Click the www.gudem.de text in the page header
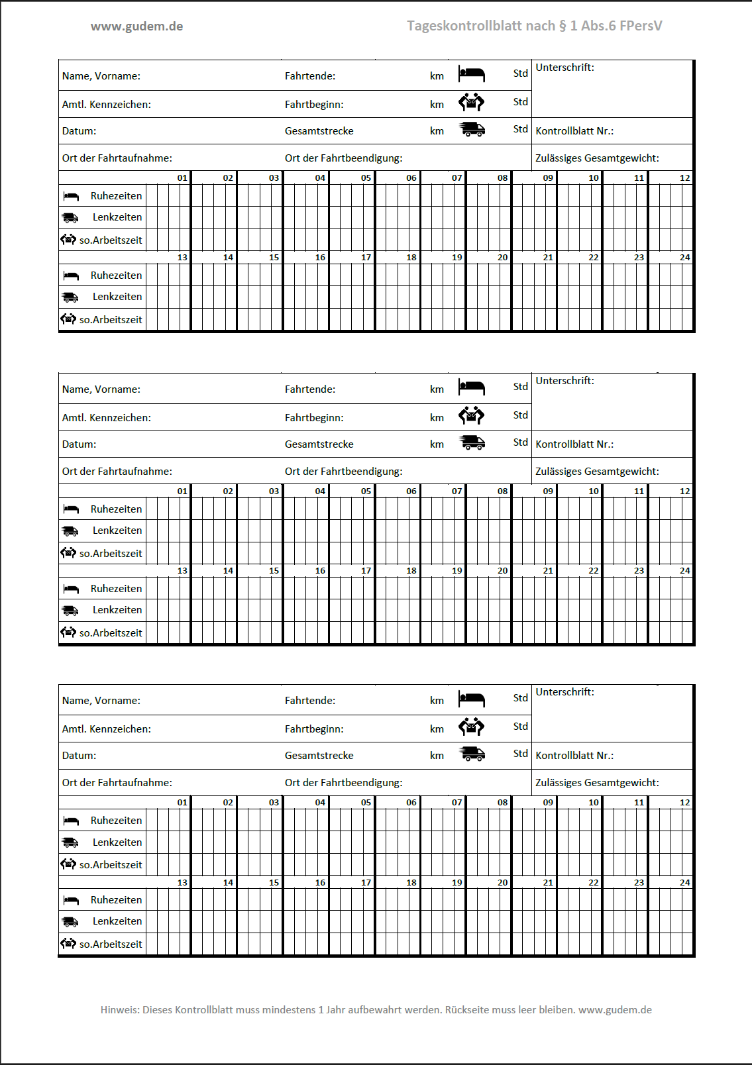(136, 26)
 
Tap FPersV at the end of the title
(640, 26)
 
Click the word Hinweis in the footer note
(119, 1010)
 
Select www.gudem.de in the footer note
(615, 1010)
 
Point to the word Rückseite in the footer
(468, 1010)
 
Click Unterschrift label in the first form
(564, 68)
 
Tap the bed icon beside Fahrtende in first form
(471, 74)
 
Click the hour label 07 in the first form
(457, 178)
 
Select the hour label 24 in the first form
(684, 258)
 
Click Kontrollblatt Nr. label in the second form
(574, 444)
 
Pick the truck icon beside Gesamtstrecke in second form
(472, 442)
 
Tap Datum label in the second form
(79, 444)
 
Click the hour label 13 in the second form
(182, 571)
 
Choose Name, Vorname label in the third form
(101, 701)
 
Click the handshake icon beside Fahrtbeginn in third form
(471, 727)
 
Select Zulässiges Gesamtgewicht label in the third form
(597, 783)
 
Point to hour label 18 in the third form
(411, 883)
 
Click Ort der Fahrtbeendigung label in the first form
(343, 158)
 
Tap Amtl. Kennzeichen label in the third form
(107, 729)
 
